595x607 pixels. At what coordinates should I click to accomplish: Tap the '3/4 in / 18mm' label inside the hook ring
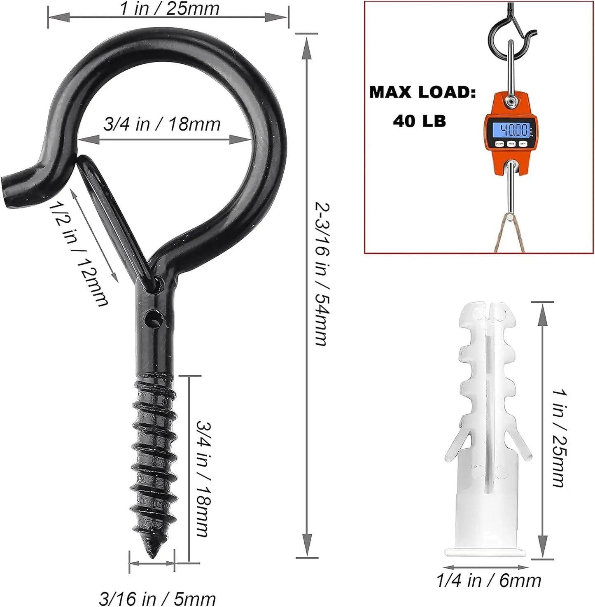(x=162, y=124)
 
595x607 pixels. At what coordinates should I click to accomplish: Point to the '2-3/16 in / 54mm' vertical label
(x=322, y=274)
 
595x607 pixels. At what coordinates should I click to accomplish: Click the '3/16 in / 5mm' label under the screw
(x=157, y=598)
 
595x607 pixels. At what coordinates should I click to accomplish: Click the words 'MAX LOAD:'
(x=422, y=92)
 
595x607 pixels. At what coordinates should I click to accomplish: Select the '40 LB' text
(x=419, y=121)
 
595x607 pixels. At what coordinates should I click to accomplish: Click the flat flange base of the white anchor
(x=487, y=552)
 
